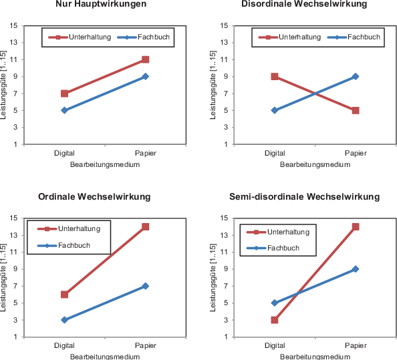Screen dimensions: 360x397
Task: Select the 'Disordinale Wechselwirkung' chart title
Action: pos(304,4)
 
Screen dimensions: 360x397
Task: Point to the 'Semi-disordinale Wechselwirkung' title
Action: pos(304,196)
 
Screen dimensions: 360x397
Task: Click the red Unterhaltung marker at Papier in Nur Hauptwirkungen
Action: pos(145,59)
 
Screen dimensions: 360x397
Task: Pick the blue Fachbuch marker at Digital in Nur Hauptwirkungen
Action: pos(65,110)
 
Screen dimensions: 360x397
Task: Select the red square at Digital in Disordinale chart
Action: pos(275,76)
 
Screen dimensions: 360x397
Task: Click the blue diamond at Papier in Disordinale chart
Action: pos(356,76)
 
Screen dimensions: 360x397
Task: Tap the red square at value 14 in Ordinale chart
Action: pos(145,227)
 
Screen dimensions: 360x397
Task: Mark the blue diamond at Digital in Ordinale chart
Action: pos(65,320)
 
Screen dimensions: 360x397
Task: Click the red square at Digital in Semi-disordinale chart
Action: pos(275,320)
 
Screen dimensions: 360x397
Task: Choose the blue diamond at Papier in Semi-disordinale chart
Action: pos(356,269)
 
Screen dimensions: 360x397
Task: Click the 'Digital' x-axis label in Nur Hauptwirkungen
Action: pos(65,154)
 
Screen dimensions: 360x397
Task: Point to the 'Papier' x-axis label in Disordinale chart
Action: pos(356,154)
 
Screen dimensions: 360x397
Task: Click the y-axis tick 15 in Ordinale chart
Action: pos(14,218)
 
